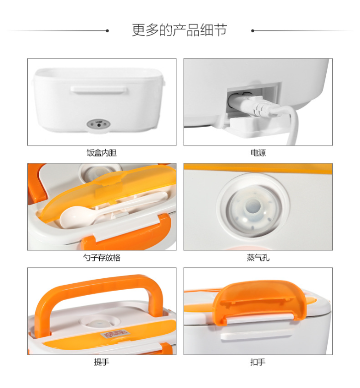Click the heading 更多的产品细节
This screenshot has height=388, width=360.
[x=180, y=30]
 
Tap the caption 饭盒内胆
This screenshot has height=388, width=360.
[x=102, y=153]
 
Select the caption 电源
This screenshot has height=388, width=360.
[x=258, y=153]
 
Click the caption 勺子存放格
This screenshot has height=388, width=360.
[x=102, y=258]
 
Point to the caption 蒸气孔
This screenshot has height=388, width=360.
[x=258, y=258]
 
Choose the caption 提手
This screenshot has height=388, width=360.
[x=102, y=362]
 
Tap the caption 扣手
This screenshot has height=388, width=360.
[x=258, y=362]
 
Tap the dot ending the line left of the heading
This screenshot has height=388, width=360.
[x=107, y=31]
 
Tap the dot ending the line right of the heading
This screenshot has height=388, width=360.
[x=253, y=31]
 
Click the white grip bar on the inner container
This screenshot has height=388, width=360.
[x=99, y=90]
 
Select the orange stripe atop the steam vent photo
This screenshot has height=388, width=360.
[x=258, y=168]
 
